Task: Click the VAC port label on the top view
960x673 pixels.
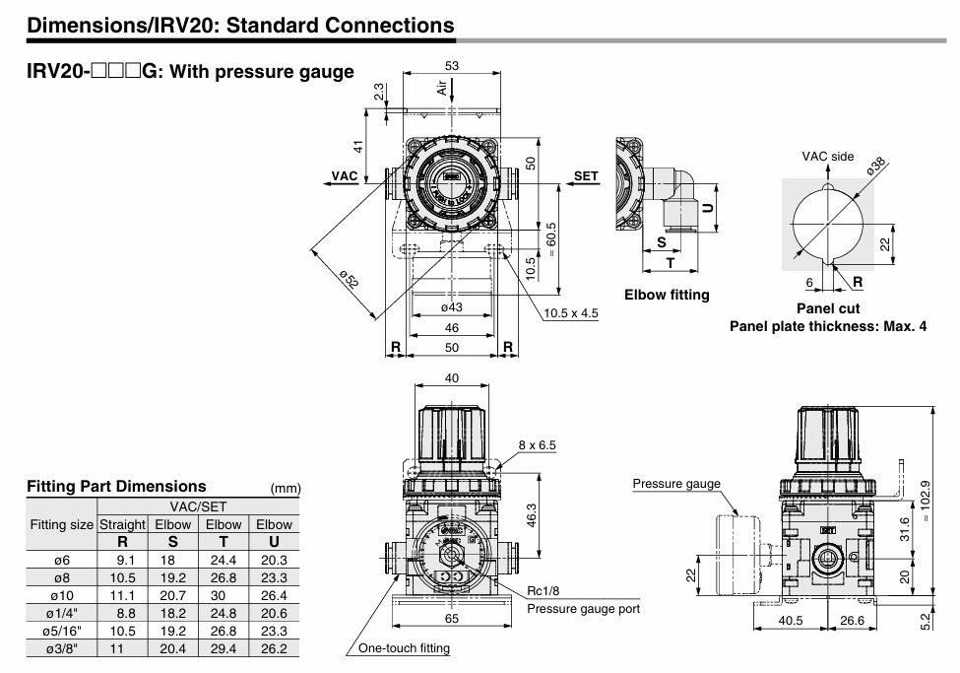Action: [344, 175]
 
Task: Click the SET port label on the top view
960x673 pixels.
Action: [586, 176]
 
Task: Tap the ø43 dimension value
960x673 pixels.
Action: [452, 307]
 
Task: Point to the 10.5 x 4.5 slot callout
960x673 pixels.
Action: [571, 314]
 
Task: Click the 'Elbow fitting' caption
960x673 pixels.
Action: [667, 295]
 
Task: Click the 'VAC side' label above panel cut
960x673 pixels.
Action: [827, 157]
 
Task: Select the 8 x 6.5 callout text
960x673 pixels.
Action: [538, 444]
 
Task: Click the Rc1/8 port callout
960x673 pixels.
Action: [544, 590]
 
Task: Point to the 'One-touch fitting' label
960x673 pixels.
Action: [405, 647]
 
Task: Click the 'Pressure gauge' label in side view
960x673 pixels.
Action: [676, 483]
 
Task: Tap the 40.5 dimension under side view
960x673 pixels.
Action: [791, 621]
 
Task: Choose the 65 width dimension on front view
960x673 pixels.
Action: [452, 619]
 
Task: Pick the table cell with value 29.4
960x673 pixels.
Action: [224, 648]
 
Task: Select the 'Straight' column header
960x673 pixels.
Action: [122, 524]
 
